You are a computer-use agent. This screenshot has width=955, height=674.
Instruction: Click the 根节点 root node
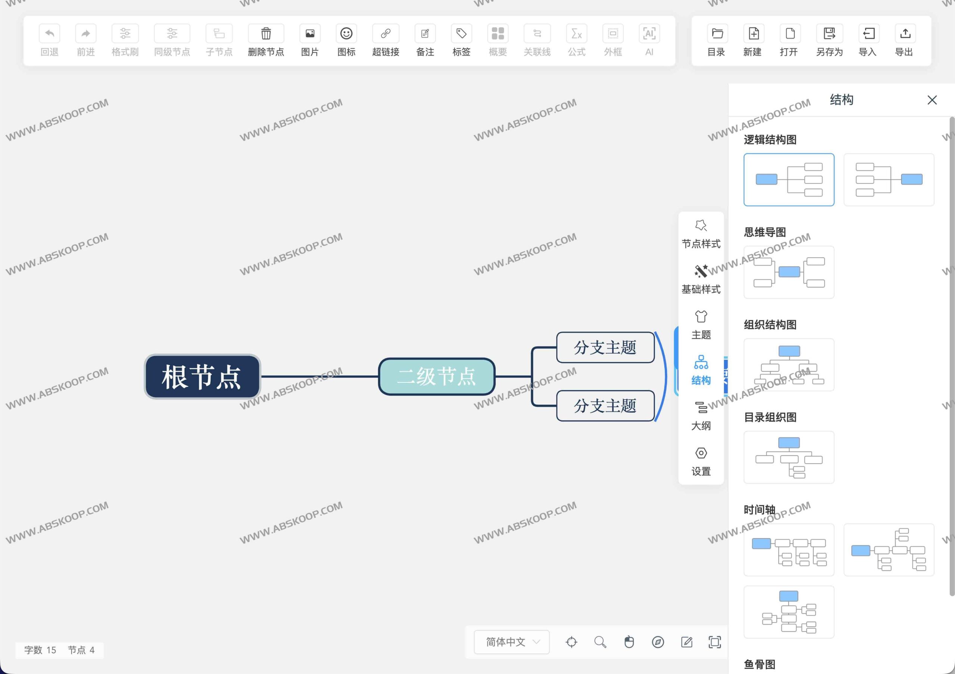tap(202, 377)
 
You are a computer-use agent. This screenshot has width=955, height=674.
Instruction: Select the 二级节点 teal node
tap(436, 376)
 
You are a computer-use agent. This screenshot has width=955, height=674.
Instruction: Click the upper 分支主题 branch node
tap(605, 347)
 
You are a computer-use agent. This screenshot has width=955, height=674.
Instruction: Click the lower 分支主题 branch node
tap(605, 406)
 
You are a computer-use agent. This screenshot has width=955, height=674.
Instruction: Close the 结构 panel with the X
tap(932, 100)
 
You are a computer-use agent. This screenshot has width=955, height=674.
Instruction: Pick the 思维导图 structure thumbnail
tap(789, 272)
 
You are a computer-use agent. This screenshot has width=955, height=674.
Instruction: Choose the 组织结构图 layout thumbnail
tap(789, 365)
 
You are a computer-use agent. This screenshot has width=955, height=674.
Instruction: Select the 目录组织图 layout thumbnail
tap(789, 457)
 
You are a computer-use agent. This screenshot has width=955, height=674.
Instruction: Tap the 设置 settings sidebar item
tap(701, 461)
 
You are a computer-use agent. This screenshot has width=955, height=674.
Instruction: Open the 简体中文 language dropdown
tap(511, 642)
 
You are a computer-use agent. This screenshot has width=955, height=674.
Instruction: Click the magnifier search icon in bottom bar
tap(600, 642)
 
